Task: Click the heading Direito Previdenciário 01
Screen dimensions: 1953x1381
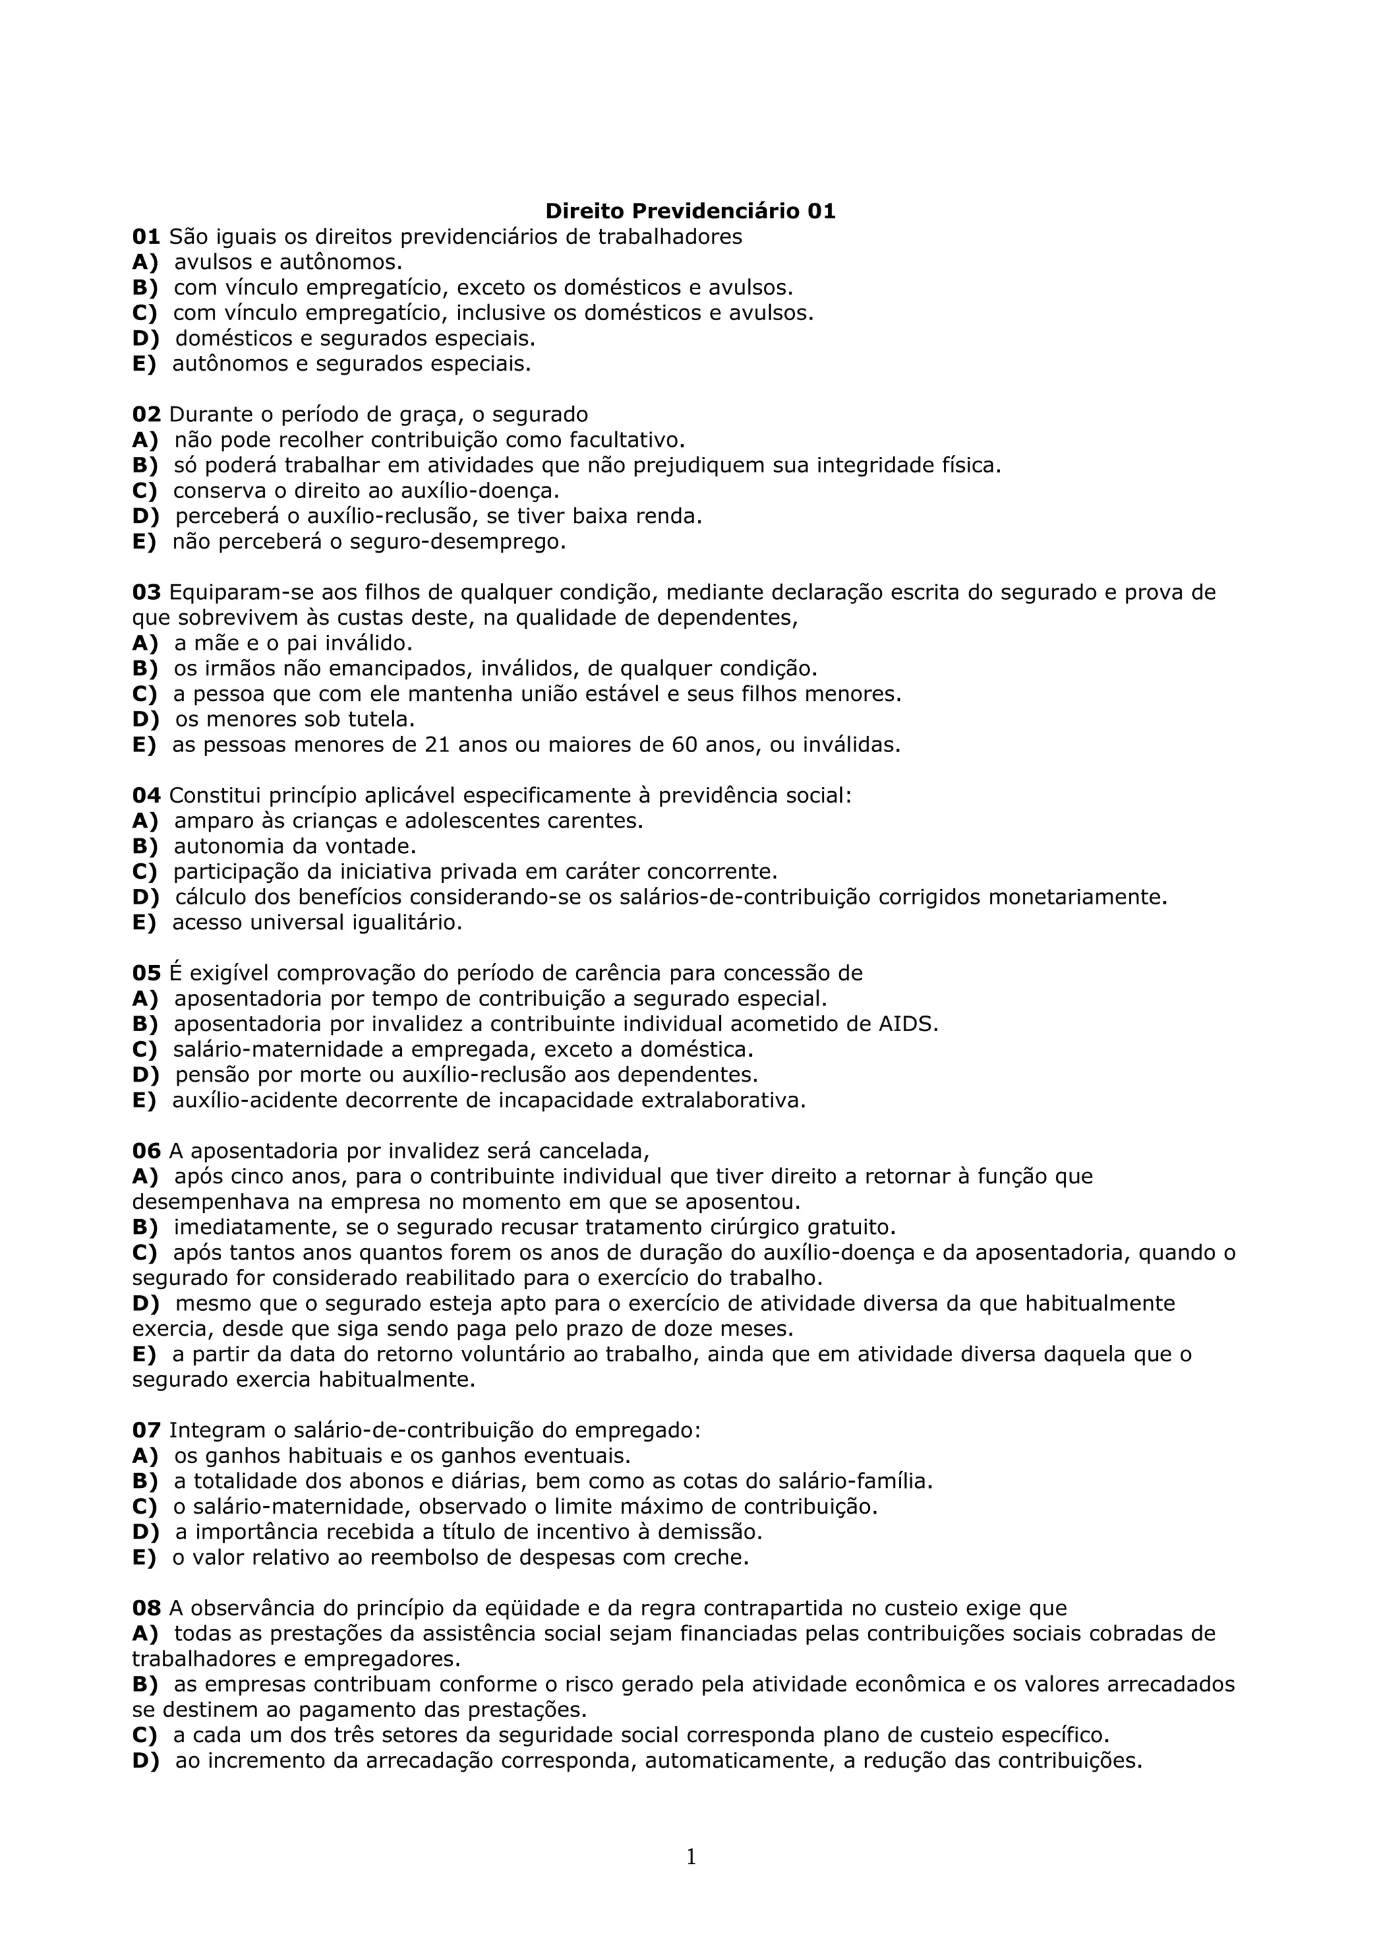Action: click(x=690, y=211)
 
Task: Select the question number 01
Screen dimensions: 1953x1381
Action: click(x=146, y=237)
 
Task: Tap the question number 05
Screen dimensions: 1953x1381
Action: click(x=146, y=973)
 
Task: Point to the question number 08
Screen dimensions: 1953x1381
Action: click(x=146, y=1609)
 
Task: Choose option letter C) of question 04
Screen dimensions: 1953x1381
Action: click(x=145, y=872)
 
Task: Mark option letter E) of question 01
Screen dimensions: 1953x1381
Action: click(x=145, y=364)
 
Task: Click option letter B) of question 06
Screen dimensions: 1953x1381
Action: click(x=145, y=1227)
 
